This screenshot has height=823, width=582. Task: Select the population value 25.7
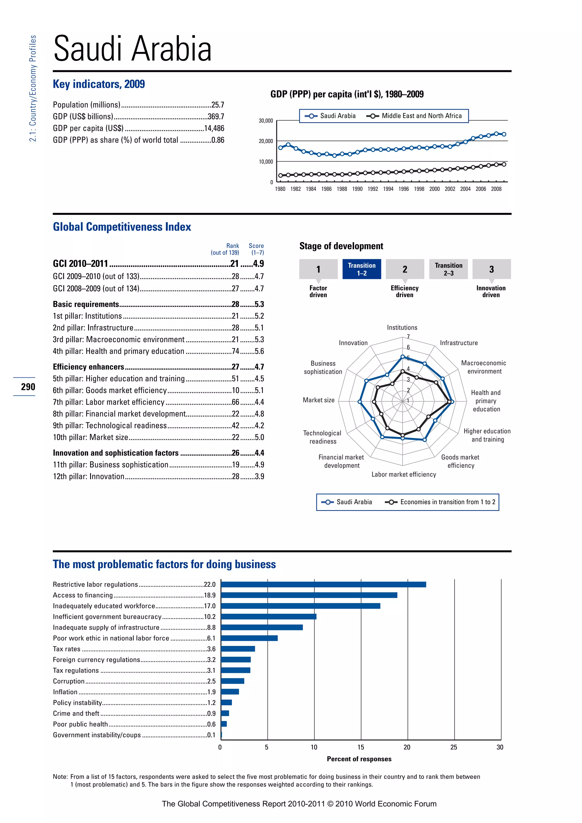coord(217,105)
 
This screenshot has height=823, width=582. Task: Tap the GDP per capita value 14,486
coord(214,128)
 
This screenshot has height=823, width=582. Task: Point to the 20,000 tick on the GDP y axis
coord(266,141)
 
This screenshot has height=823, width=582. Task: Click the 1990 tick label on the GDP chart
coord(357,189)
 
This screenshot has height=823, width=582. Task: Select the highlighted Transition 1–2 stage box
coord(361,269)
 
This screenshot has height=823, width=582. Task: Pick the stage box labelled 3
coord(491,269)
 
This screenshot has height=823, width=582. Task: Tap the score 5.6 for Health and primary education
coord(259,351)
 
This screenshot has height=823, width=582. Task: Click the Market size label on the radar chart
coord(318,400)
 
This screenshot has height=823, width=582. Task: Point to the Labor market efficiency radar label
coord(404,475)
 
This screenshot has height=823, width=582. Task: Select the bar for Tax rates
coord(238,649)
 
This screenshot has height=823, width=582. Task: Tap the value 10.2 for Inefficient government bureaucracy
coord(210,617)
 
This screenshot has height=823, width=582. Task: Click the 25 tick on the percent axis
coord(454,747)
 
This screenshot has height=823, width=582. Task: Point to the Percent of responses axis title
coord(359,759)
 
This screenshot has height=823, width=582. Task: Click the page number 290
coord(28,387)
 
